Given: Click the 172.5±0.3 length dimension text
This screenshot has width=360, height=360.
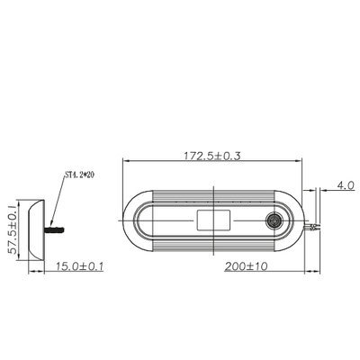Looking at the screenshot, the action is click(x=212, y=156).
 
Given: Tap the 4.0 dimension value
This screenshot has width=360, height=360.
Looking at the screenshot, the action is click(x=346, y=185).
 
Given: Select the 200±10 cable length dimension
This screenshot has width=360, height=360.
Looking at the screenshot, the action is click(x=246, y=266).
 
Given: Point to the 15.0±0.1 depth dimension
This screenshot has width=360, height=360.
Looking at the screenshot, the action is click(x=79, y=265).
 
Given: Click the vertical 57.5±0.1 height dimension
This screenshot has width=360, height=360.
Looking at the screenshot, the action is click(x=13, y=229).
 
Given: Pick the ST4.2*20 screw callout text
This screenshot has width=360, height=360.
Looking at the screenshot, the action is click(x=79, y=175).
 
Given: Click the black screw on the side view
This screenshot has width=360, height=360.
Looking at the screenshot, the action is click(x=54, y=229).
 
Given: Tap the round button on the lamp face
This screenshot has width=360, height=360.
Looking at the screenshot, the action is click(x=273, y=221).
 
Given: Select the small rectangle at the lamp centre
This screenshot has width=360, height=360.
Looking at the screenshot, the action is click(x=213, y=220).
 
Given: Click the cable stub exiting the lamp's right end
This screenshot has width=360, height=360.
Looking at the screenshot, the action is click(x=310, y=227).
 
